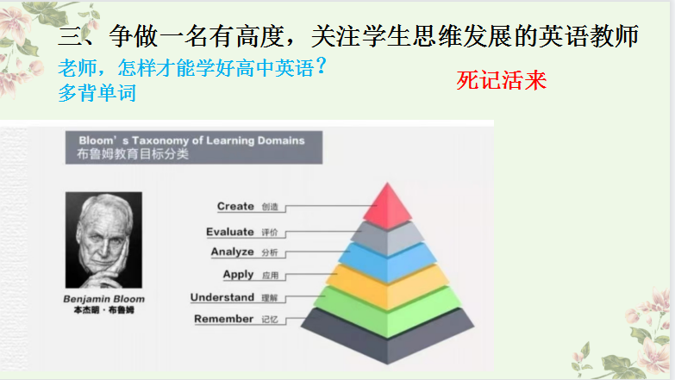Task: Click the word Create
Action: (235, 207)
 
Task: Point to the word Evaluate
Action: (230, 232)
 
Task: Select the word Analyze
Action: (233, 252)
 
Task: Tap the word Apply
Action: (238, 275)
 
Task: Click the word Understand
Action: (222, 297)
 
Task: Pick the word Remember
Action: (223, 320)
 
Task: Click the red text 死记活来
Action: (503, 82)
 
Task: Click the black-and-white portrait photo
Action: (103, 240)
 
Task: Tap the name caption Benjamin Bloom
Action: (104, 299)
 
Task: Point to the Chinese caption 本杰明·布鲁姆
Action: (103, 311)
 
